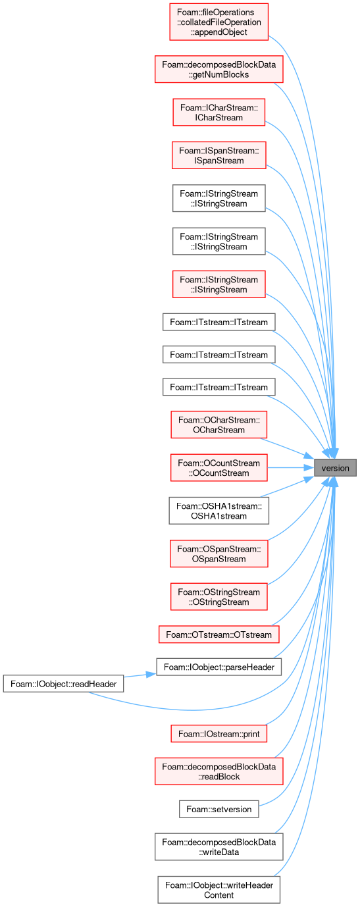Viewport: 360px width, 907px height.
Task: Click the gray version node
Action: [335, 468]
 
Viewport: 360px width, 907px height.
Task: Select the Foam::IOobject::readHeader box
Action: [63, 683]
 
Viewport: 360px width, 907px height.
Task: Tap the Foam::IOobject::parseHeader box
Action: [219, 667]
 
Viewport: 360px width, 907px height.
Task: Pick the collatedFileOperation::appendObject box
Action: [219, 22]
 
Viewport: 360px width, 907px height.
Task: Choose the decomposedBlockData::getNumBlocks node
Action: [219, 70]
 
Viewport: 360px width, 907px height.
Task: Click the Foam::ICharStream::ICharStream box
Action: [219, 112]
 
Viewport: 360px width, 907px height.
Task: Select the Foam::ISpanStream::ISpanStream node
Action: [219, 155]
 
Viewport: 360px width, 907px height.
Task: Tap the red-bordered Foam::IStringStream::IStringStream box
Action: [219, 284]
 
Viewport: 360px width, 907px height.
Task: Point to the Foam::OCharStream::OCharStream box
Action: [219, 425]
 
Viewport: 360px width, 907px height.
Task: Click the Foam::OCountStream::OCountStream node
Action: [219, 468]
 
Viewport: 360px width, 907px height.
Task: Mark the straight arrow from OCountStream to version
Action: [291, 468]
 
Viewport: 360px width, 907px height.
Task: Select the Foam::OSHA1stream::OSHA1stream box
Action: [219, 511]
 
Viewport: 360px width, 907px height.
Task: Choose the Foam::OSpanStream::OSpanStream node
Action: [219, 554]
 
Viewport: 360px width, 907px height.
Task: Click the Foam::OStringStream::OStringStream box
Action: [219, 596]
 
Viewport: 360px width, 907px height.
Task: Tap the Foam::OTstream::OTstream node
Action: [219, 634]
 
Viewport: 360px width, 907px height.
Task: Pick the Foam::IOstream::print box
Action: [219, 733]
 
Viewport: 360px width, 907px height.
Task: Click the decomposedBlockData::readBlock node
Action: [219, 771]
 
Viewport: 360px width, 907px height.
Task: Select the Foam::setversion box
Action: [219, 809]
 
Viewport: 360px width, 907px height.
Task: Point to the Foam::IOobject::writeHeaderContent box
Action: [219, 890]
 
